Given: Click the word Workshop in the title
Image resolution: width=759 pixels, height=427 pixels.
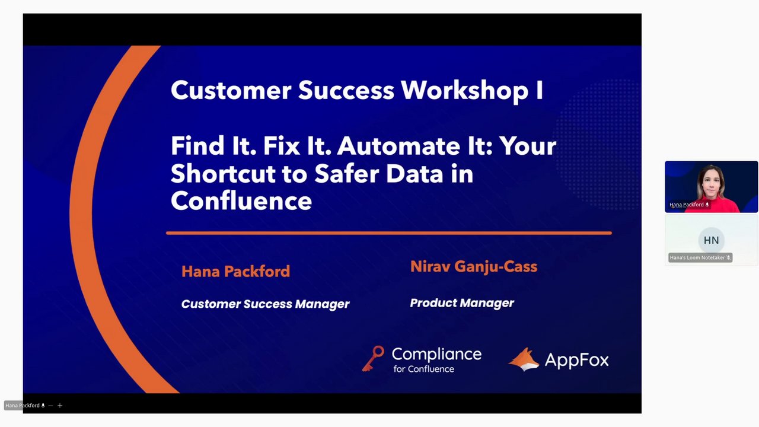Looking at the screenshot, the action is [x=464, y=91].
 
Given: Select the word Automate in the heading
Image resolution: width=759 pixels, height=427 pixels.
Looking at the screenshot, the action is [x=398, y=146].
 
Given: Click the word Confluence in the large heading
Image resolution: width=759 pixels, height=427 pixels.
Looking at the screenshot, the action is [x=241, y=201].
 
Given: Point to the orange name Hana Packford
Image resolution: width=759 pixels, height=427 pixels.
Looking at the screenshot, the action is [x=236, y=272].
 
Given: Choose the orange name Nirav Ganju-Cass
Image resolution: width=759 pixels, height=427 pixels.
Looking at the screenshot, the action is [x=474, y=267].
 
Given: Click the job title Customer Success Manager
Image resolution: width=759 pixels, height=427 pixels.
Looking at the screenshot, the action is [x=265, y=304].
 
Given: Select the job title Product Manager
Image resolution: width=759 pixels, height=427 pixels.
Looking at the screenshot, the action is [x=462, y=303].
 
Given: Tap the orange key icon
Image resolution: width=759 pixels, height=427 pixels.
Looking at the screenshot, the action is [x=373, y=359].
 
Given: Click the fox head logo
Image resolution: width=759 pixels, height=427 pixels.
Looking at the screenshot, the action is [x=524, y=359].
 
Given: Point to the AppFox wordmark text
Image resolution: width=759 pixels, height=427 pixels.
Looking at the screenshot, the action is [x=577, y=360].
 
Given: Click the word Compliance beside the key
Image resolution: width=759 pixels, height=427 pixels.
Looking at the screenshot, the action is [x=436, y=354].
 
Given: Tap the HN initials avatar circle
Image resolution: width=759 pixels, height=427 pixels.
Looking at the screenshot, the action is [x=711, y=240].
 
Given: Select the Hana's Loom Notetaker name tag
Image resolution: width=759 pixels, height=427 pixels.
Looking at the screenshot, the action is [x=700, y=257].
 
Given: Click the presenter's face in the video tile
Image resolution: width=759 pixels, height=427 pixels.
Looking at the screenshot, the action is [x=712, y=183].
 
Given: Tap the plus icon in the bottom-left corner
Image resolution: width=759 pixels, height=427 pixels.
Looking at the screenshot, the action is [x=60, y=405].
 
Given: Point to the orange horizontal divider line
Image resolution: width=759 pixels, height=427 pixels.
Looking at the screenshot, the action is [x=388, y=233].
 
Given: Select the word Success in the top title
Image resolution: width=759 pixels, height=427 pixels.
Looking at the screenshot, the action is [x=346, y=91].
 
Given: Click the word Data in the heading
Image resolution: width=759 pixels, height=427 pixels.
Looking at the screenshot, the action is [x=414, y=174].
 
